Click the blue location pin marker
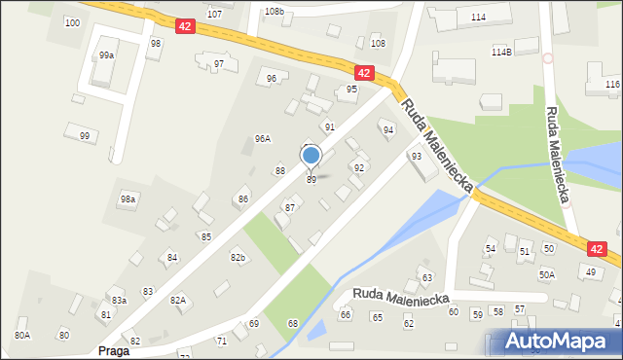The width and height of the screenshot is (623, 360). (311, 156)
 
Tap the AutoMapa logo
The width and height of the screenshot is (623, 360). (556, 342)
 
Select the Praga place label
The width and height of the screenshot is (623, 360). (113, 350)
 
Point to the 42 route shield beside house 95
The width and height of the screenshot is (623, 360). (364, 73)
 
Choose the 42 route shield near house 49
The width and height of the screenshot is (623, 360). (597, 250)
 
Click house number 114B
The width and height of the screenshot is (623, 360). (501, 52)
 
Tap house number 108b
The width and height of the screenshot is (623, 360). (274, 12)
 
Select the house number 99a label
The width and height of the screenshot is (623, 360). (106, 55)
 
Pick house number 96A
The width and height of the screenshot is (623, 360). (262, 139)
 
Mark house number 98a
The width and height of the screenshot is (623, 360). (128, 198)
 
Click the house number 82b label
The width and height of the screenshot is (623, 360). (238, 257)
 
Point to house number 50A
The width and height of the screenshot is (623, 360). (547, 275)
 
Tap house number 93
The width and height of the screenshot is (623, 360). (417, 156)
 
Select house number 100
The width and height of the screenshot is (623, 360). (72, 21)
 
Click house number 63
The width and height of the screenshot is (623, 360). (425, 279)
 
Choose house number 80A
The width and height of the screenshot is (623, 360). (22, 335)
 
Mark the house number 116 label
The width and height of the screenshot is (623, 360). (612, 85)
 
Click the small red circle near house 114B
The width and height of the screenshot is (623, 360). (547, 58)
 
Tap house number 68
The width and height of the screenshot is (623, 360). (292, 323)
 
